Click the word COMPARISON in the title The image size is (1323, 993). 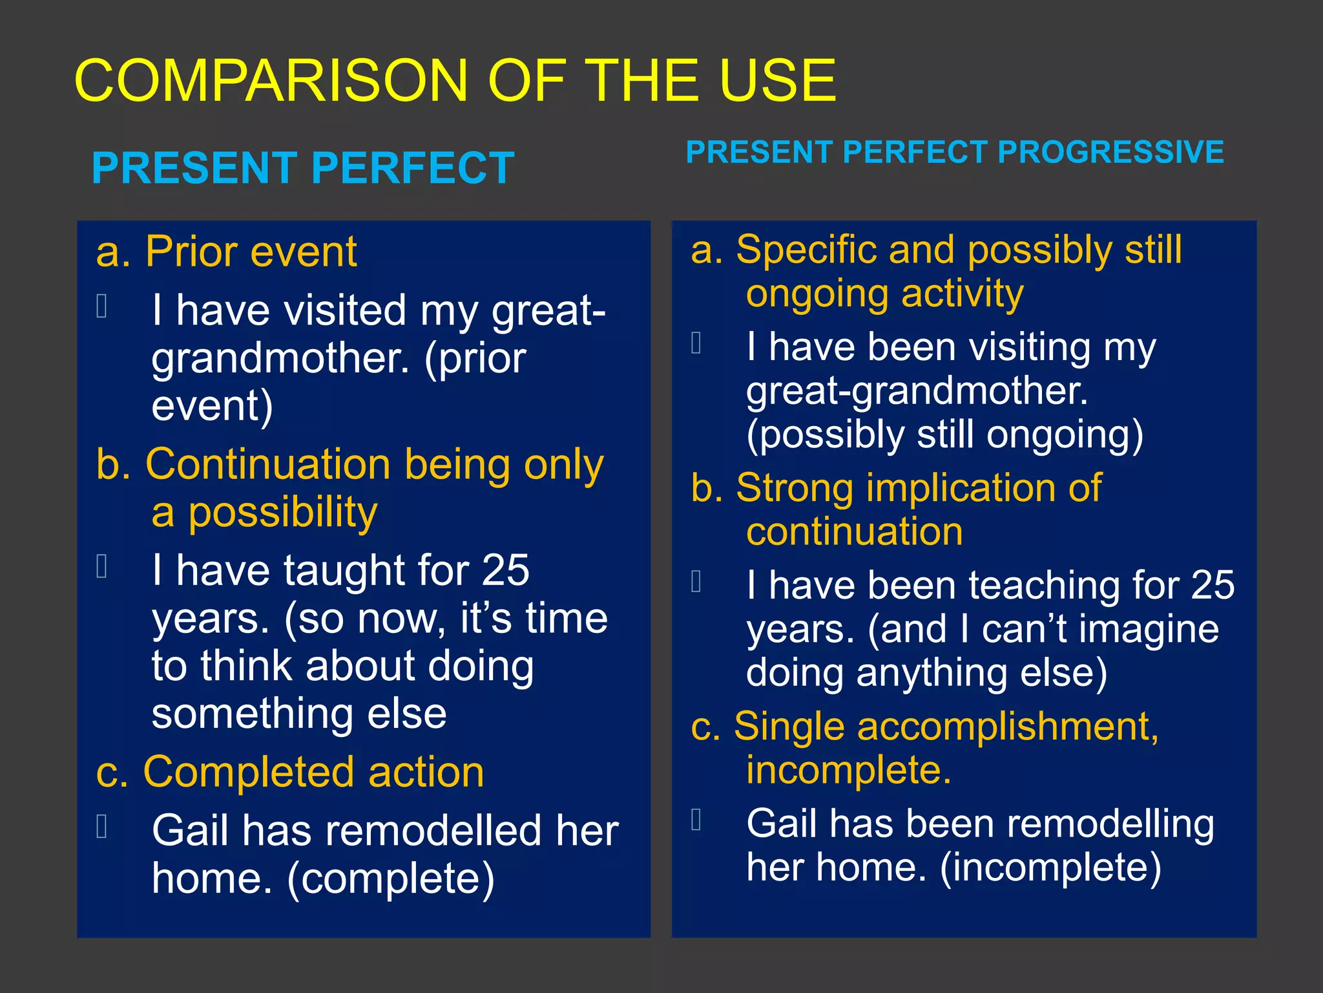click(x=271, y=81)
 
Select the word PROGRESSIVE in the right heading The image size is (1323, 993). click(x=1110, y=153)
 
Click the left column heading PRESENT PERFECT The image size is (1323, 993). click(x=303, y=168)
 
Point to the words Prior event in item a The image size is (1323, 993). click(x=251, y=251)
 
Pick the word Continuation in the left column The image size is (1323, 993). click(x=268, y=465)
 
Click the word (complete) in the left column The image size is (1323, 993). click(x=391, y=879)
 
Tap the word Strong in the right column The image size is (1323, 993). click(x=795, y=488)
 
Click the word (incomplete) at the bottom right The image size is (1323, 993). click(x=1050, y=868)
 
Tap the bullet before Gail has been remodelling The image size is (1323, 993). click(x=696, y=820)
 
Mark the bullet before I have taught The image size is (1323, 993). click(x=101, y=566)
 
